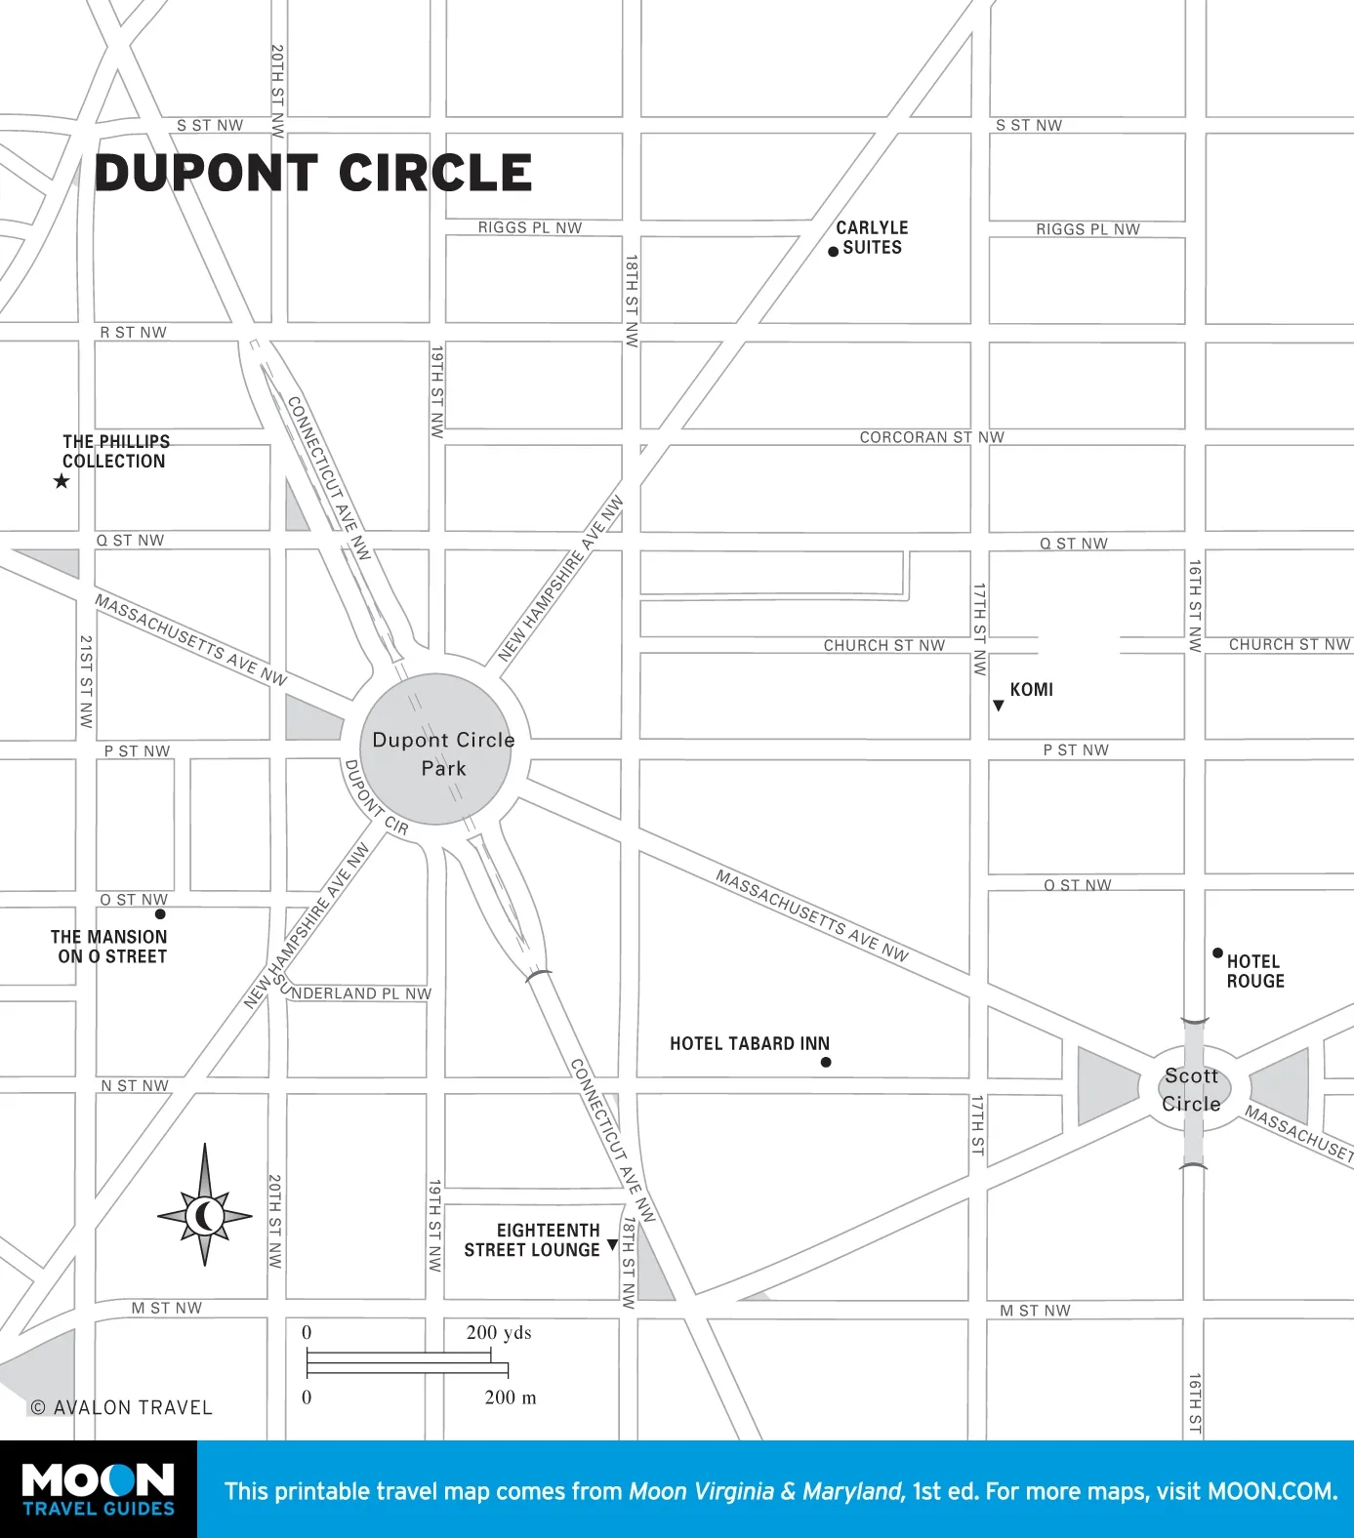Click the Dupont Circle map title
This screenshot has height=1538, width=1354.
click(x=313, y=174)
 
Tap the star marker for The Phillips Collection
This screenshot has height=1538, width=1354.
click(x=62, y=481)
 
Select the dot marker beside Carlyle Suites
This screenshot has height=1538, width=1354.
click(x=833, y=252)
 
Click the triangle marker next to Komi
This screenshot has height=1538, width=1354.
click(x=998, y=706)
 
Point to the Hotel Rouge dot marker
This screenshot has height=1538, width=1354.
click(x=1217, y=952)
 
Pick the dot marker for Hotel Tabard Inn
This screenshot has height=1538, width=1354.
click(x=826, y=1062)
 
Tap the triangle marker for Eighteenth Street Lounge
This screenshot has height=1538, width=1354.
click(x=612, y=1244)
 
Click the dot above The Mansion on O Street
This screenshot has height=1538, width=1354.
click(x=160, y=914)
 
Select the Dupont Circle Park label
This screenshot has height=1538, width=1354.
click(x=443, y=753)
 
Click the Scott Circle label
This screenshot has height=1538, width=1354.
click(x=1191, y=1089)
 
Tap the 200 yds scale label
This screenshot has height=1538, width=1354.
click(x=499, y=1332)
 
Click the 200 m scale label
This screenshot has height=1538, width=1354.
click(x=511, y=1397)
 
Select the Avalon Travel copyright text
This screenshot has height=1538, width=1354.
click(x=122, y=1407)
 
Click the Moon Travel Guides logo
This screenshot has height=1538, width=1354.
click(x=99, y=1489)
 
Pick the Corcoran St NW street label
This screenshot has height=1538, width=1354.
click(x=931, y=437)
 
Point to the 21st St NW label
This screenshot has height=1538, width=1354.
click(x=86, y=681)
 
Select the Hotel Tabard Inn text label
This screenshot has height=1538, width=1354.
click(x=750, y=1043)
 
